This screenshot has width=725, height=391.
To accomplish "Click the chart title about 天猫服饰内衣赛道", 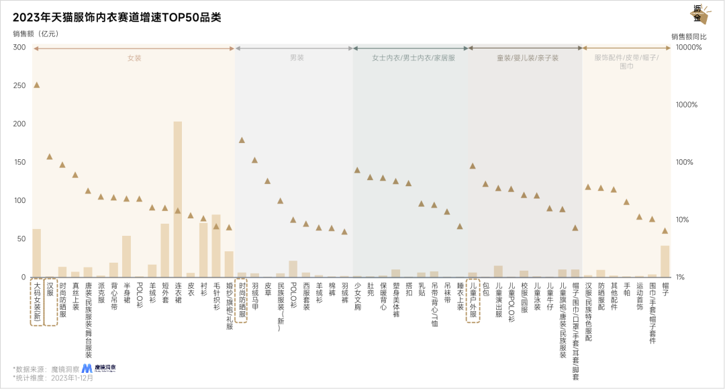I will coord(117,17).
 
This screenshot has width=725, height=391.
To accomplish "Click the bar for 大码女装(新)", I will coord(37,253).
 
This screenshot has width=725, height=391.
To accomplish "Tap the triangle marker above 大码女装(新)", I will coord(37,85).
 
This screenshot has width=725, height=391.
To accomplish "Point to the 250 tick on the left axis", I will coord(19,85).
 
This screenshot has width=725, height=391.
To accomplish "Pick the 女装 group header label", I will coord(134,58).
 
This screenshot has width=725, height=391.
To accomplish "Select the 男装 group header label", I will coord(296,58).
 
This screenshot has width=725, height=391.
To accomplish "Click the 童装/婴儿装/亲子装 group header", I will coord(528,58).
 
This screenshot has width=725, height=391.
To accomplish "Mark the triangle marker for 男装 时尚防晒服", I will coord(242,140).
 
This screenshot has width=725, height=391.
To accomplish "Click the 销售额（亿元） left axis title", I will coord(35,34).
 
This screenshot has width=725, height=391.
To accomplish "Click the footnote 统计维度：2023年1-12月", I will coord(54,378).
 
